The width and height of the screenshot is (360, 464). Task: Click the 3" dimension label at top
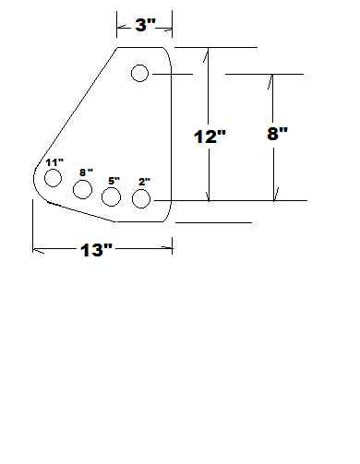[146, 25]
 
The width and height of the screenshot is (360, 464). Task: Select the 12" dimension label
[210, 137]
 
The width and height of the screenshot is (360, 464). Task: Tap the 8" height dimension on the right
[277, 133]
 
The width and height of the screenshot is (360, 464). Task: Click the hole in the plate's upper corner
[140, 73]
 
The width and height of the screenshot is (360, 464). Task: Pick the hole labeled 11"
[53, 177]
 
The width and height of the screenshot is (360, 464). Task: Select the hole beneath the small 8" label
[82, 189]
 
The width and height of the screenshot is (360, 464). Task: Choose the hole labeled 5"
[112, 196]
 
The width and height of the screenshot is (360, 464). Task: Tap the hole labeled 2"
[141, 198]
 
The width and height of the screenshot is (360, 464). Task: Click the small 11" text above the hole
[54, 163]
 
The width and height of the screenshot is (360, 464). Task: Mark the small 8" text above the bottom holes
[86, 173]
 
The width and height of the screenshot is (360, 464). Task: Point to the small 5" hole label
[114, 181]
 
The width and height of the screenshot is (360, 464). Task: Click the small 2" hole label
[144, 182]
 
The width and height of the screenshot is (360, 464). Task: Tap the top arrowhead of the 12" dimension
[210, 52]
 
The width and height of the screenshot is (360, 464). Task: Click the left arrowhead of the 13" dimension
[36, 247]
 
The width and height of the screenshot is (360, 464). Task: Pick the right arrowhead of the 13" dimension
[169, 247]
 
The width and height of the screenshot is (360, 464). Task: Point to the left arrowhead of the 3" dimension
[119, 25]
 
